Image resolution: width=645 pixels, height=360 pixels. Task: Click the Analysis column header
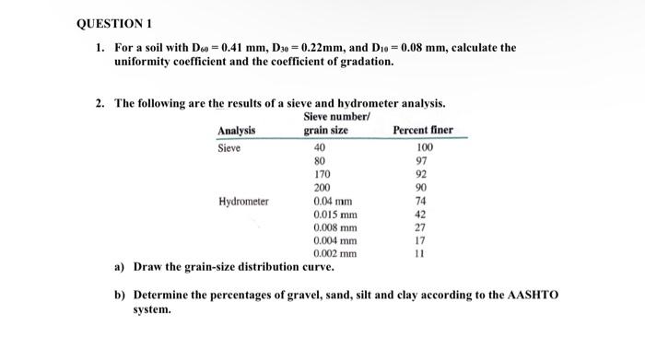point(237,131)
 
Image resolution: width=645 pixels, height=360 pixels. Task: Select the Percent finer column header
point(423,131)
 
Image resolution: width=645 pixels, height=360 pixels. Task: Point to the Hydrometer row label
point(243,201)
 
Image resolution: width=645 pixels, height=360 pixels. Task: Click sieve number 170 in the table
point(322,173)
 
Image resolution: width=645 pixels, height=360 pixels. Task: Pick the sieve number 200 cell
point(322,187)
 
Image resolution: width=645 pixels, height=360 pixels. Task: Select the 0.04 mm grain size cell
point(333,201)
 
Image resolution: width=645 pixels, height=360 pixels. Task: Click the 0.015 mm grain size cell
point(334,214)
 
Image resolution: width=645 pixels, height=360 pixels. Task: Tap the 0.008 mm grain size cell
point(334,227)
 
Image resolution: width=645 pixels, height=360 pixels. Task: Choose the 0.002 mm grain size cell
point(334,254)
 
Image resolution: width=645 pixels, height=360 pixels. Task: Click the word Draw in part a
point(149,268)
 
